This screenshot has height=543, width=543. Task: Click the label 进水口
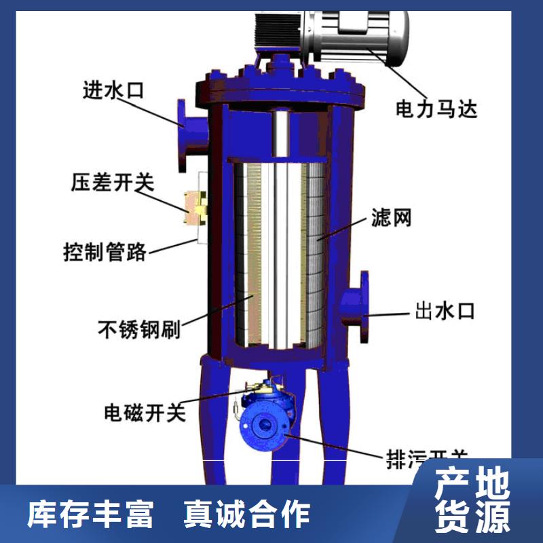pos(113,90)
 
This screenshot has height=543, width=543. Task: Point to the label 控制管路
pos(105,252)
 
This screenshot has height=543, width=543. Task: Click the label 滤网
pos(391,219)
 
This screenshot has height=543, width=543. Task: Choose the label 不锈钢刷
pos(138,330)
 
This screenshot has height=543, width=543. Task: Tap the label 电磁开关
pos(145,412)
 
